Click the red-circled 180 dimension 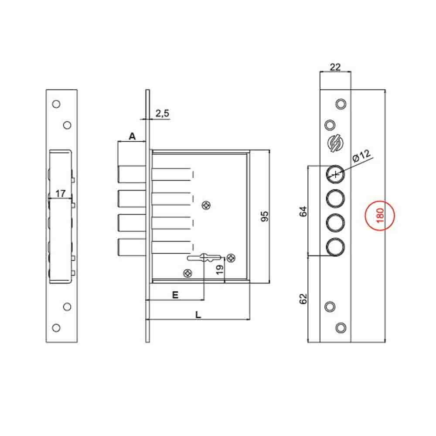pyautogui.click(x=380, y=216)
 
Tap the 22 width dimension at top pyautogui.click(x=335, y=67)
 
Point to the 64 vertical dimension pyautogui.click(x=304, y=211)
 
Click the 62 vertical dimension pyautogui.click(x=304, y=299)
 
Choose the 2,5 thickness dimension pyautogui.click(x=162, y=113)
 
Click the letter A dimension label pyautogui.click(x=132, y=136)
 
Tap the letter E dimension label pyautogui.click(x=175, y=295)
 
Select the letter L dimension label pyautogui.click(x=198, y=314)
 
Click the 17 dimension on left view pyautogui.click(x=61, y=193)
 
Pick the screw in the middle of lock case pyautogui.click(x=206, y=205)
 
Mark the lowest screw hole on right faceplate pyautogui.click(x=341, y=327)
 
